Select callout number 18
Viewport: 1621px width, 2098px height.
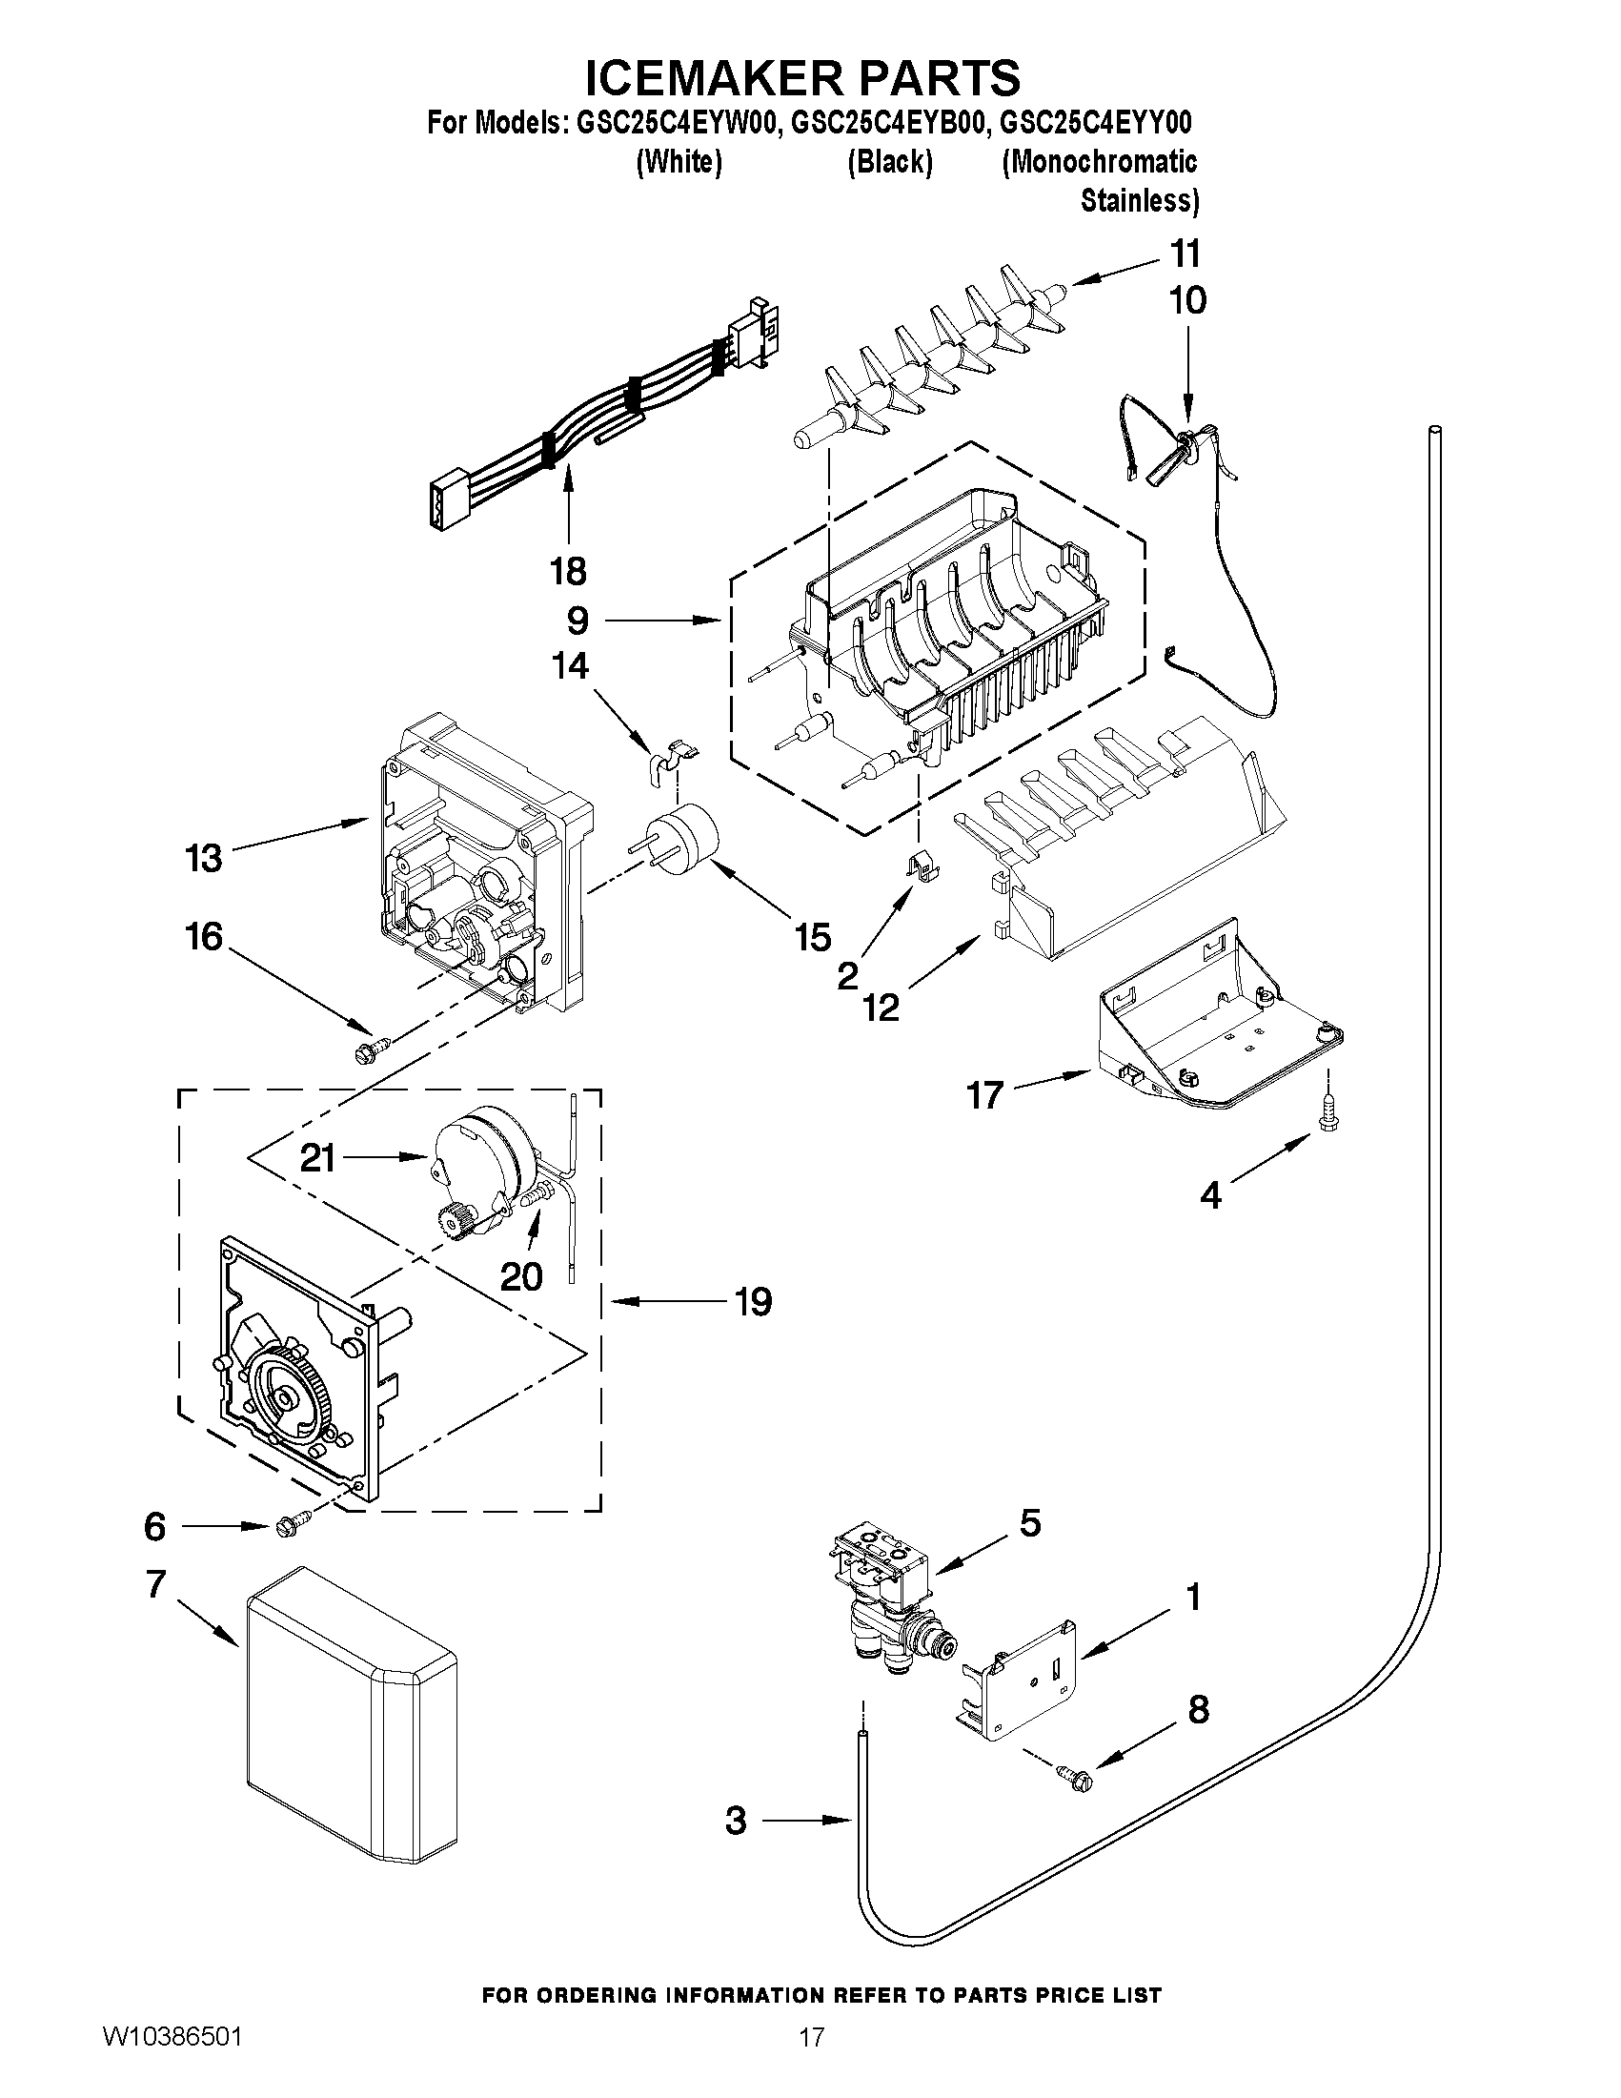pyautogui.click(x=568, y=572)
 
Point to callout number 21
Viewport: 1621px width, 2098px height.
pyautogui.click(x=317, y=1157)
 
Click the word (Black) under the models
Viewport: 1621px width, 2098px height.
pyautogui.click(x=889, y=162)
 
